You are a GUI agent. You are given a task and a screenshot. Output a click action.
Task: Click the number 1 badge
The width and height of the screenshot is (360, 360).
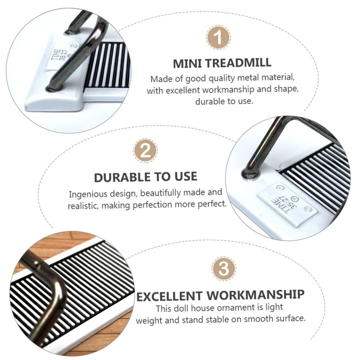[218, 37]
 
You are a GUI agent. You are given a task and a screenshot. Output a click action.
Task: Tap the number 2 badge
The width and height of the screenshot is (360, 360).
[145, 151]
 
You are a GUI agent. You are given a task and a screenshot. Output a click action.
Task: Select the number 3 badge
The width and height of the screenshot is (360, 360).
[224, 269]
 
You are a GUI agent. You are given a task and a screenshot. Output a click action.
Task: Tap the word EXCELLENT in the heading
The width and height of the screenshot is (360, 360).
[170, 297]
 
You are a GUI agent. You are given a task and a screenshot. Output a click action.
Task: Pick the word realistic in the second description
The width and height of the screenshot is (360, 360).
[83, 206]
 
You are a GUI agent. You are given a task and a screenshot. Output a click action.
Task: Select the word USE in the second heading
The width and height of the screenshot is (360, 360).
[186, 176]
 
